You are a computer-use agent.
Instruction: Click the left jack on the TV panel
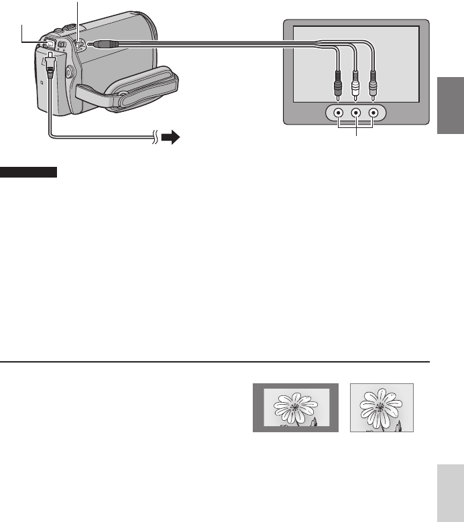(339, 113)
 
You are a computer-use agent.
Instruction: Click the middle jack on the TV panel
(356, 113)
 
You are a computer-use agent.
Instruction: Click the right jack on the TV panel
(373, 113)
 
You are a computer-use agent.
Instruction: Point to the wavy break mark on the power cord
(156, 138)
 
